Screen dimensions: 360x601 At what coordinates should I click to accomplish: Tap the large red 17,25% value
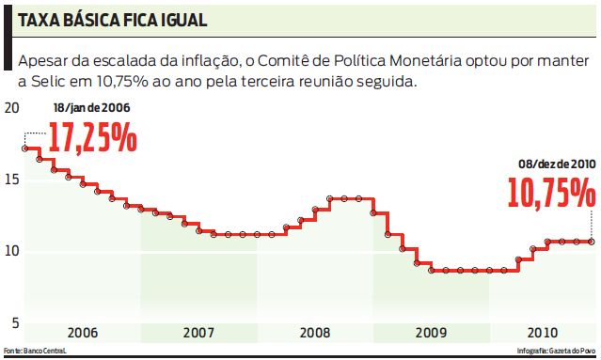tap(92, 138)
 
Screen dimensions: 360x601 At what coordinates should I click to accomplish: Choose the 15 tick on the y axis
tap(11, 180)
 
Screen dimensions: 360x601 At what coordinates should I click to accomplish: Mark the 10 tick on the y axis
tap(11, 251)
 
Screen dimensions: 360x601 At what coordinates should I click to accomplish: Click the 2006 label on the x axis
tap(83, 333)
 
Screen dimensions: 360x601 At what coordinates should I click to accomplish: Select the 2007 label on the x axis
tap(198, 333)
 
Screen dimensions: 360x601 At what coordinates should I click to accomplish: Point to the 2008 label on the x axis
tap(315, 333)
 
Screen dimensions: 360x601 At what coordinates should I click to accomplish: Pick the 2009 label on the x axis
tap(431, 333)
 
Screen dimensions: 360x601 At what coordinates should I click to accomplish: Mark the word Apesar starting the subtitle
tap(42, 61)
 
